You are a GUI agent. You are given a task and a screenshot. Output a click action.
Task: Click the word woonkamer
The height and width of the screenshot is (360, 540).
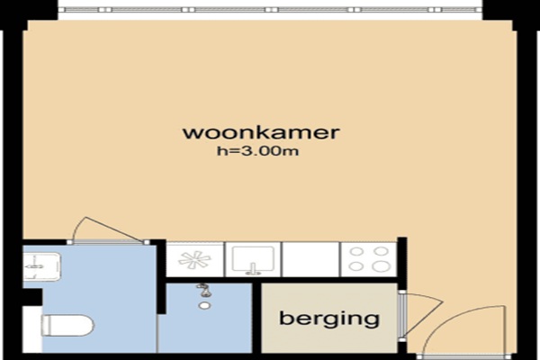click(261, 132)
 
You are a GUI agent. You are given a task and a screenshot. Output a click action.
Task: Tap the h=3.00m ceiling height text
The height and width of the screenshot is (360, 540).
click(257, 151)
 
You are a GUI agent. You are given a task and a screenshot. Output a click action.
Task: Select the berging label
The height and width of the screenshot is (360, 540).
click(329, 319)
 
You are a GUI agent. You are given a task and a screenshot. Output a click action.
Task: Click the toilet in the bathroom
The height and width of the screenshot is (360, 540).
click(67, 326)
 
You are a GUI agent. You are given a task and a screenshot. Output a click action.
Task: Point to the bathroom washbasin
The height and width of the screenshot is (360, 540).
click(41, 266)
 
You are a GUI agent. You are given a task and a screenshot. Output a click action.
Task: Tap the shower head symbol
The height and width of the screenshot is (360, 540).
click(204, 290)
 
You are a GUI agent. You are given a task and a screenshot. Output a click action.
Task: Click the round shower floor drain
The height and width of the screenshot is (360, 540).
click(204, 305)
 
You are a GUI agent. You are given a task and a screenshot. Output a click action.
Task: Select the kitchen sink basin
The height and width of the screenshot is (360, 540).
click(253, 259)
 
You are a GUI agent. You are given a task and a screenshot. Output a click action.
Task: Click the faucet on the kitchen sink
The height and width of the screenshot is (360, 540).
click(253, 269)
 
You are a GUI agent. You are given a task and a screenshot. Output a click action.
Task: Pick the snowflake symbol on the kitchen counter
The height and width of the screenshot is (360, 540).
click(194, 260)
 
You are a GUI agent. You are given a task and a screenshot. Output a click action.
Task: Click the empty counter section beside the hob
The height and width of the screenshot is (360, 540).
click(310, 259)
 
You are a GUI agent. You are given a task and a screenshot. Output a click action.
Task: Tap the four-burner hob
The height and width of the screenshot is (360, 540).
click(369, 259)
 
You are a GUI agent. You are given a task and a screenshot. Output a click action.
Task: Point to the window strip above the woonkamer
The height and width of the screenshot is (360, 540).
click(270, 10)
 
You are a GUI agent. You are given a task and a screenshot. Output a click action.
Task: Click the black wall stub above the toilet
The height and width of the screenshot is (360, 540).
click(32, 297)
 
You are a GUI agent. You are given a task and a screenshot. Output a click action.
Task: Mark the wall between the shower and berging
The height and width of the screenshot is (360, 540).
click(256, 317)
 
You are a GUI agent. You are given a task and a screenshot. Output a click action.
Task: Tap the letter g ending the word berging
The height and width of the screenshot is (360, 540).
click(372, 321)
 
